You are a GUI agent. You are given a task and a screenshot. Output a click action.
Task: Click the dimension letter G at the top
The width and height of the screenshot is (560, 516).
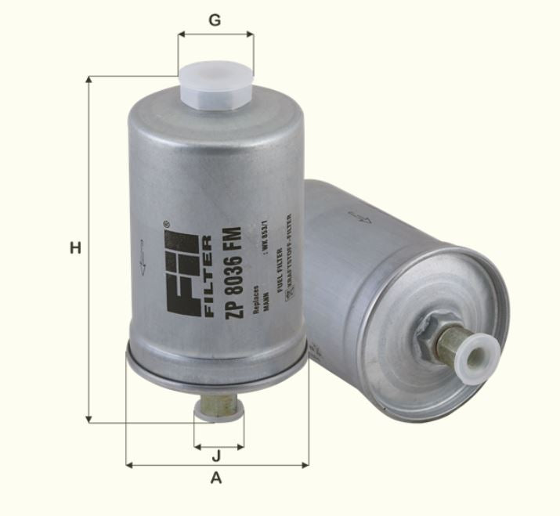(x=215, y=20)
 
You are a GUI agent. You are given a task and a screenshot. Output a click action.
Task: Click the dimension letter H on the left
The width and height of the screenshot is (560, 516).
(x=75, y=249)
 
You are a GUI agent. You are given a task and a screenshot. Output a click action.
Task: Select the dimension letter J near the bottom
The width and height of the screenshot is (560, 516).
(x=216, y=455)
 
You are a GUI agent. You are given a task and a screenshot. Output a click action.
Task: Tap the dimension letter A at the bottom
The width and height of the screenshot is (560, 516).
(x=217, y=478)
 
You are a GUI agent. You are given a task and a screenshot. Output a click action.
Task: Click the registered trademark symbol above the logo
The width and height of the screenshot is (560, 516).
(x=165, y=225)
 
